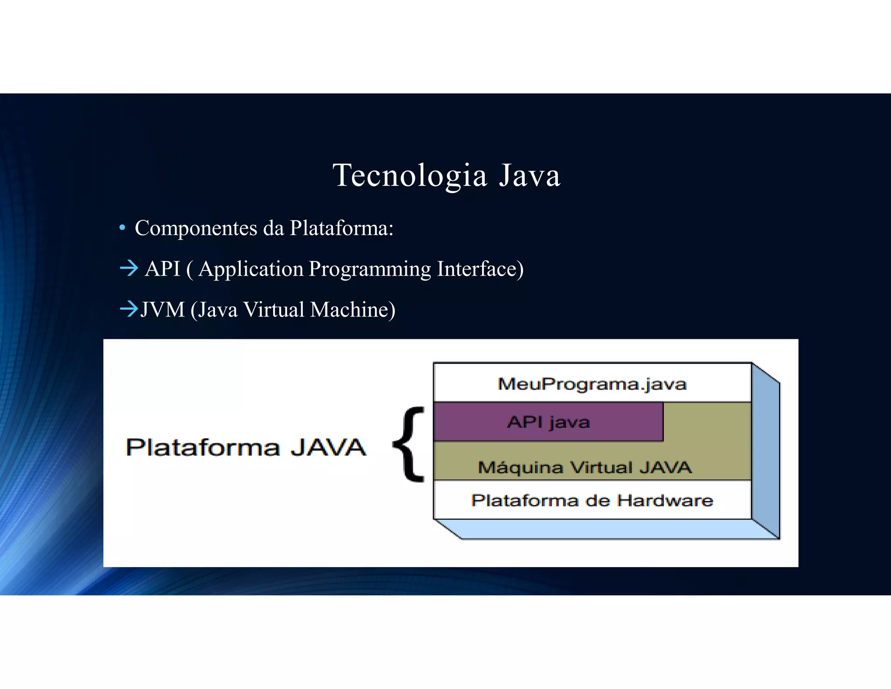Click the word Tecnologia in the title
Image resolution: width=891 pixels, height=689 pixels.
[x=409, y=176]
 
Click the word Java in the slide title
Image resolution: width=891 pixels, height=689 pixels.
[x=529, y=176]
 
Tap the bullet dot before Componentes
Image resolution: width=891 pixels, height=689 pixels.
[x=123, y=228]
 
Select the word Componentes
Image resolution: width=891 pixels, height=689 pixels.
[x=196, y=228]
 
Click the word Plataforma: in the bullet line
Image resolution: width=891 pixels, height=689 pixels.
[x=342, y=228]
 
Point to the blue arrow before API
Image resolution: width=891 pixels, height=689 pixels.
[x=129, y=268]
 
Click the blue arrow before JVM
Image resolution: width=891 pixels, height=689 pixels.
[x=129, y=309]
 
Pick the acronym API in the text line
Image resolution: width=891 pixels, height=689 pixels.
[x=163, y=269]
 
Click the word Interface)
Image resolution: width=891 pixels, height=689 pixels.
[x=480, y=269]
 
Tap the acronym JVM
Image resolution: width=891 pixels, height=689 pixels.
[x=163, y=310]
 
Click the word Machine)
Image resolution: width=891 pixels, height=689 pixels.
[x=353, y=310]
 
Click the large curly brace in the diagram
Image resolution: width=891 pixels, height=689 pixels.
[x=409, y=444]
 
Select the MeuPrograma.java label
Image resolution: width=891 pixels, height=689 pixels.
[x=592, y=384]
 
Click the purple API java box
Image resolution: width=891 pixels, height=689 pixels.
[x=548, y=422]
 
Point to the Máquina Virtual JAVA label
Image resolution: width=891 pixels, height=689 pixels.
[x=585, y=468]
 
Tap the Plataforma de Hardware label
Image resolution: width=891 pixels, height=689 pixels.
[x=592, y=500]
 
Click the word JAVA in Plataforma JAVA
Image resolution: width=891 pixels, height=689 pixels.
[x=328, y=448]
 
